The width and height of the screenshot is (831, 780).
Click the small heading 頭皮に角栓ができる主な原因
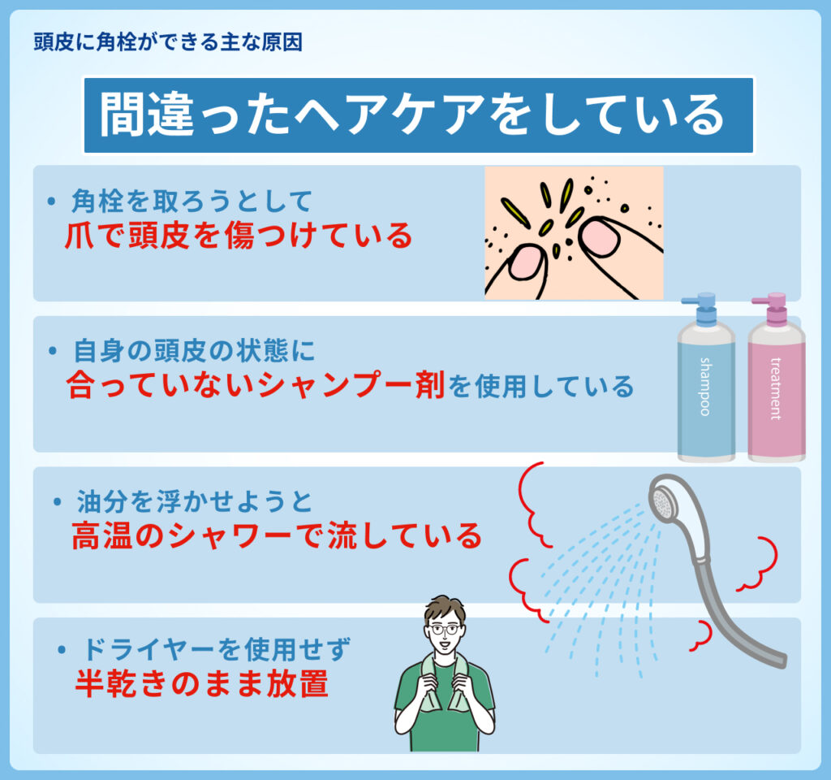pyautogui.click(x=168, y=42)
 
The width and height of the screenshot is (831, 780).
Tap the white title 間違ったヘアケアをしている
pyautogui.click(x=411, y=115)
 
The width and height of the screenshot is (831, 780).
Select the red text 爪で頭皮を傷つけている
pyautogui.click(x=239, y=235)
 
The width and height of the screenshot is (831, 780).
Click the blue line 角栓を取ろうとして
pyautogui.click(x=192, y=201)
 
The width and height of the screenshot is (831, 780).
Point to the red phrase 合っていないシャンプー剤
pyautogui.click(x=256, y=384)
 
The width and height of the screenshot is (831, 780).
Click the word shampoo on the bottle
pyautogui.click(x=705, y=386)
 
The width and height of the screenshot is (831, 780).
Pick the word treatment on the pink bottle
pyautogui.click(x=775, y=389)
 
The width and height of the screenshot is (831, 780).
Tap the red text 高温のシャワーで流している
pyautogui.click(x=277, y=535)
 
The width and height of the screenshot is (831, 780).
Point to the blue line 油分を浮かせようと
pyautogui.click(x=195, y=501)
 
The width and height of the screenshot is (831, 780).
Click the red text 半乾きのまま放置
pyautogui.click(x=202, y=683)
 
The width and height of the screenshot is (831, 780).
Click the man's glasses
pyautogui.click(x=445, y=630)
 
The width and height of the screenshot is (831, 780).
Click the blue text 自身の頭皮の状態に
pyautogui.click(x=194, y=351)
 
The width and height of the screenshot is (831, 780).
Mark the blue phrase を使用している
pyautogui.click(x=540, y=386)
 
